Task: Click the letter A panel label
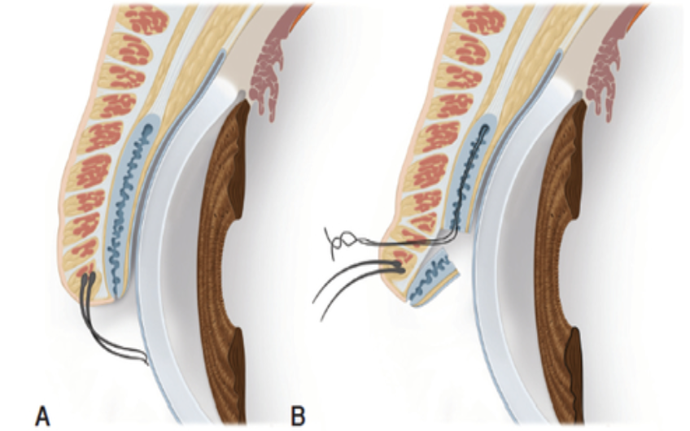tap(42, 416)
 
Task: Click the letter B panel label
tap(299, 416)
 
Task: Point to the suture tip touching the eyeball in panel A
tap(146, 362)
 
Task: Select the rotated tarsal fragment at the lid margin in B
tap(434, 277)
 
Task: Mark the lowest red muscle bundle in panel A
tap(87, 269)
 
